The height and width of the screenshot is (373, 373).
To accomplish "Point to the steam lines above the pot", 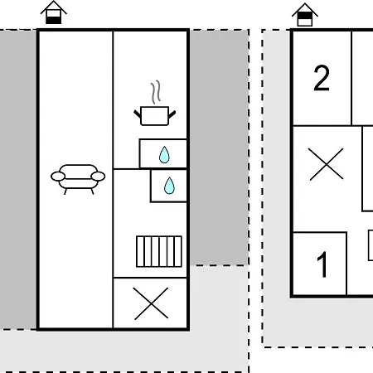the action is click(156, 92).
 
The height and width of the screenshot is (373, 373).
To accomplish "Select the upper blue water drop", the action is click(164, 155).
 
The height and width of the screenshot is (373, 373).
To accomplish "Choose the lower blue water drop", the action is click(169, 186).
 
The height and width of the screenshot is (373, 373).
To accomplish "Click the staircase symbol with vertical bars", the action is click(159, 251).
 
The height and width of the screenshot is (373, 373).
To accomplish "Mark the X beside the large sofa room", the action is click(151, 303).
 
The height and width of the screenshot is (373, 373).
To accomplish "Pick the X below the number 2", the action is click(326, 164).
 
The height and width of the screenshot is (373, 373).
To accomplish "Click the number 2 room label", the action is click(322, 78).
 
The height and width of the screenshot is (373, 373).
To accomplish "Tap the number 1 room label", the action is click(322, 264).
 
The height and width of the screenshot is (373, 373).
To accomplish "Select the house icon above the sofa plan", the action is click(53, 12).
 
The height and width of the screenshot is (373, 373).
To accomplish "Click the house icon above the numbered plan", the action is click(305, 15).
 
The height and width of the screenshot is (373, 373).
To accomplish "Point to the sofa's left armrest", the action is click(58, 177).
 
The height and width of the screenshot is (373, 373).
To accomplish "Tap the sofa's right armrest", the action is click(98, 177).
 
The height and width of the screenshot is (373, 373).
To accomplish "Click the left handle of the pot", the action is click(138, 114).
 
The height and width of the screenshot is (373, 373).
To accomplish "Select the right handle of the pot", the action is click(172, 114).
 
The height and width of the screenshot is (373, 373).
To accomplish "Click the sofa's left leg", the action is click(65, 191).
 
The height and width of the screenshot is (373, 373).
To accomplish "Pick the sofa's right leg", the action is click(92, 191).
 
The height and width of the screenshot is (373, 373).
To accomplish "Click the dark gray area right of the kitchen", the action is click(219, 147).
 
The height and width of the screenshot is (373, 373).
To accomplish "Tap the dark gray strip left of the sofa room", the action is click(18, 180).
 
